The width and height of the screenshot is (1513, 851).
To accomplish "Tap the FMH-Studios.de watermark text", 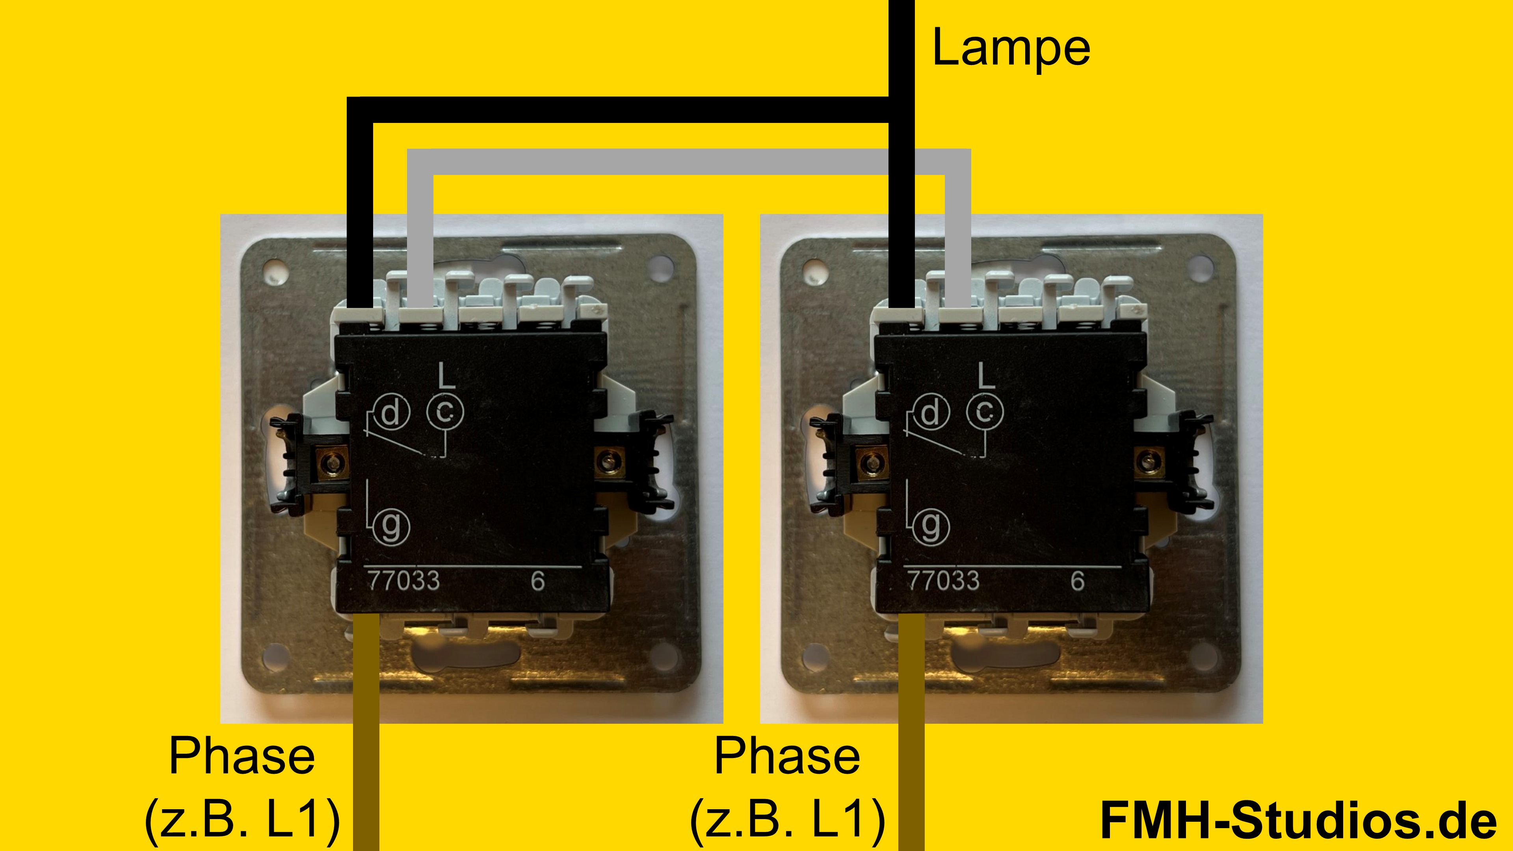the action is [x=1298, y=820].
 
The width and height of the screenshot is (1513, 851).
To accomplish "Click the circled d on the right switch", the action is [x=930, y=412].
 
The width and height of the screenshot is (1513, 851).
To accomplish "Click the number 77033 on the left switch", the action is [x=403, y=581].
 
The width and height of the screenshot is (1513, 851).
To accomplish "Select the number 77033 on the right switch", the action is [x=943, y=581].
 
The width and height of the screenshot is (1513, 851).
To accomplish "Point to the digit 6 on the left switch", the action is [x=537, y=581].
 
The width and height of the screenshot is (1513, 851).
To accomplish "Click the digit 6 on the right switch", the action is [x=1077, y=581].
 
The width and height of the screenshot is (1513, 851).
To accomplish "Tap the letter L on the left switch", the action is [x=447, y=375].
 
